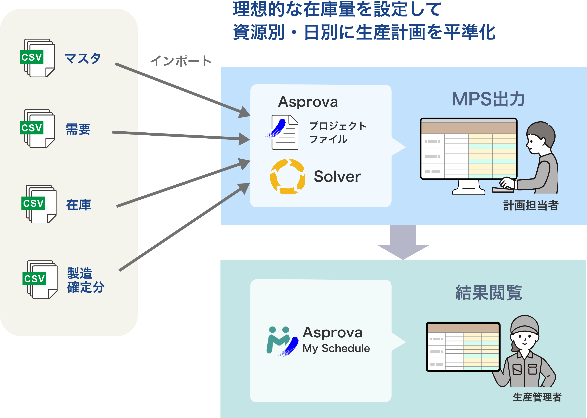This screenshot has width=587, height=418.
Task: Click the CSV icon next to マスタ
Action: (37, 58)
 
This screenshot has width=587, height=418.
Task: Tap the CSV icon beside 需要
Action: (37, 128)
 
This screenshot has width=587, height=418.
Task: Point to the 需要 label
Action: (78, 129)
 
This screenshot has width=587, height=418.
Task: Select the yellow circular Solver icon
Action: (287, 177)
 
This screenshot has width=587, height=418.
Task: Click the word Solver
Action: (337, 177)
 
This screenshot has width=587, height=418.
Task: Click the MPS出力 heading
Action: (488, 99)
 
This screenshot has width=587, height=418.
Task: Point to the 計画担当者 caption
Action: (531, 206)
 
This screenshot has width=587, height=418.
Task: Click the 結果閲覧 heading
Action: (489, 293)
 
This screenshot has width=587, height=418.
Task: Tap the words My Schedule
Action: (336, 348)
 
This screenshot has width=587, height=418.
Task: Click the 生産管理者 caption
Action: (537, 397)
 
